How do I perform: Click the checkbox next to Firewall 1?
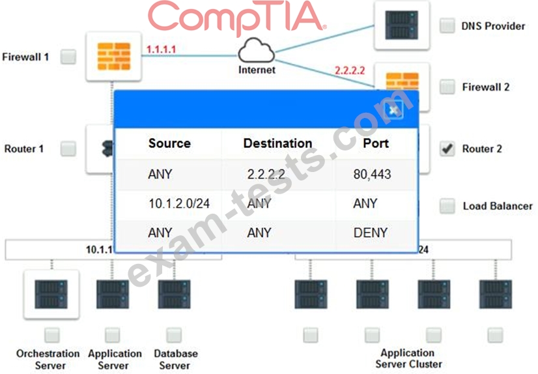pos(68,57)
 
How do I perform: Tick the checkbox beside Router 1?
pos(68,149)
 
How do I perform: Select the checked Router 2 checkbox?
pos(447,149)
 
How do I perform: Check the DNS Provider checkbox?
pos(447,25)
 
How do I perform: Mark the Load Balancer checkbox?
pos(447,206)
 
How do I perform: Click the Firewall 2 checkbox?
pos(447,87)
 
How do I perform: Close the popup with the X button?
pos(393,110)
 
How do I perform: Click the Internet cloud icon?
pos(257,51)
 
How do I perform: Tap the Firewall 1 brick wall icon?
pos(114,56)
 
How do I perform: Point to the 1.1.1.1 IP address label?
pos(161,50)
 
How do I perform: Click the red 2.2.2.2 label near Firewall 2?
pos(350,70)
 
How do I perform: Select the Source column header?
pos(169,143)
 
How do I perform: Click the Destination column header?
pos(277,143)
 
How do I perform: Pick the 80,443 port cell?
pos(373,175)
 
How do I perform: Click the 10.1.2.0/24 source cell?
pos(179,203)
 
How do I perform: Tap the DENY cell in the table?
pos(371,233)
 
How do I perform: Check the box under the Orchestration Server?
pos(52,335)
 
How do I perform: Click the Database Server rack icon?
pos(175,295)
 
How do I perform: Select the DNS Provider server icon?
pos(401,25)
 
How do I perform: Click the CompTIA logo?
pos(236,18)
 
